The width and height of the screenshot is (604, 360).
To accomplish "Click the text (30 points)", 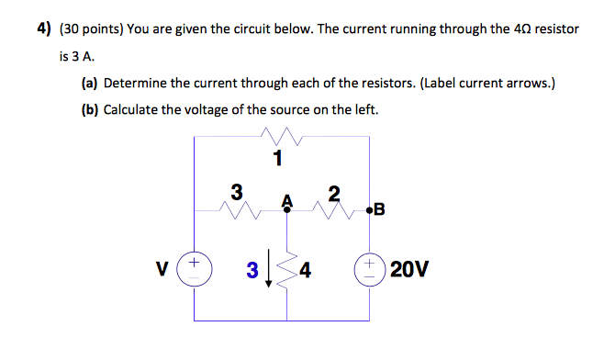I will coord(89,28).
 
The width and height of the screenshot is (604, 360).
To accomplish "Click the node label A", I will coord(286,199).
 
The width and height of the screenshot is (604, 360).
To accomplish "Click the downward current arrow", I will coord(268,272).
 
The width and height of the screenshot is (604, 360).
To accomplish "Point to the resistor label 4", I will coord(305,271).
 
